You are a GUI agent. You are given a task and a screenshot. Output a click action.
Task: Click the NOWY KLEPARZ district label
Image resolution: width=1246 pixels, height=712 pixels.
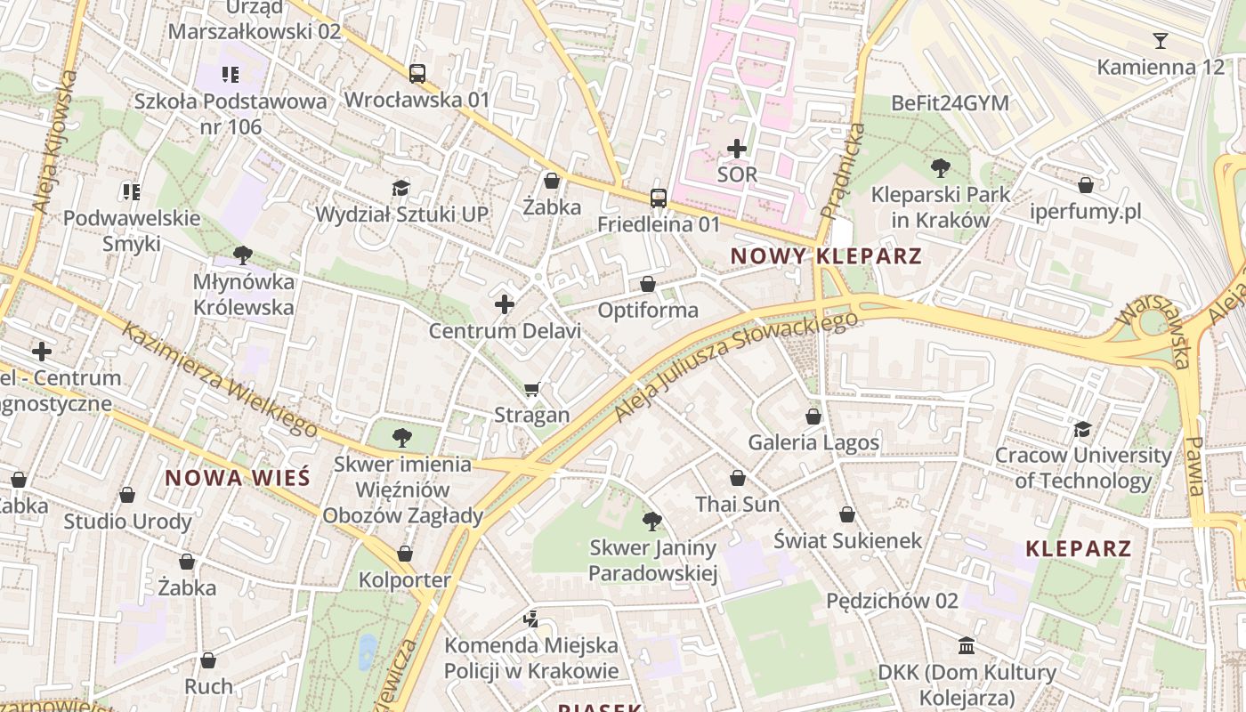825,256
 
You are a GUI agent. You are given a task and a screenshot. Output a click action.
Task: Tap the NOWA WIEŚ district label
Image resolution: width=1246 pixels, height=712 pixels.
238,477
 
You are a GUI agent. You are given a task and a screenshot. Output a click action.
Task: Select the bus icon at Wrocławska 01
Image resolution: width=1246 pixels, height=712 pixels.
417,74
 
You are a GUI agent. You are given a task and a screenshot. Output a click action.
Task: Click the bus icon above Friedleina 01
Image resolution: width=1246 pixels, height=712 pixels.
658,198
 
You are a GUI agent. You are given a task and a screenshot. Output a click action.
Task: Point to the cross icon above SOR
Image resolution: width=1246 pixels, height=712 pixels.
737,149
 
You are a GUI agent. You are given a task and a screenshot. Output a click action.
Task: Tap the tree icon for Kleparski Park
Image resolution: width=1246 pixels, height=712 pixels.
940,167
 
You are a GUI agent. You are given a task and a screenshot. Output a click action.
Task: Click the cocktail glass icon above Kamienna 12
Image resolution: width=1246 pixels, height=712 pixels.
1160,41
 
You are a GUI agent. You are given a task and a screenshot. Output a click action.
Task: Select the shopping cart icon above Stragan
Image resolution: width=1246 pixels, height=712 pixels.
532,389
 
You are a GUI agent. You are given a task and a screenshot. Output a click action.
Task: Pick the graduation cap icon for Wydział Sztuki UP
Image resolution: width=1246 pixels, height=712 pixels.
401,188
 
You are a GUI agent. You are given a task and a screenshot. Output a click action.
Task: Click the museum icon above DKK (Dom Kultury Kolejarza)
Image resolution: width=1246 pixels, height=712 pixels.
967,645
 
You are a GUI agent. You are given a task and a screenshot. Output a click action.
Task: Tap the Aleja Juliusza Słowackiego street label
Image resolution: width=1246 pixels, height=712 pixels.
736,365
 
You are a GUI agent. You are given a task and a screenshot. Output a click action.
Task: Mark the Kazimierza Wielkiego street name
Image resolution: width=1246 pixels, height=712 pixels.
219,378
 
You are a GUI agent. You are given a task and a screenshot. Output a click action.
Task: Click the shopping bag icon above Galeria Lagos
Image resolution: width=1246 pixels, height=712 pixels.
813,417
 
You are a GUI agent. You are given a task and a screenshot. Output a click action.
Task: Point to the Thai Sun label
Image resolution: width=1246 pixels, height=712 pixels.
737,505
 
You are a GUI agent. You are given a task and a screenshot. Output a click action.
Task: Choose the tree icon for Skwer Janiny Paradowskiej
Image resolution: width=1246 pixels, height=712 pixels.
652,522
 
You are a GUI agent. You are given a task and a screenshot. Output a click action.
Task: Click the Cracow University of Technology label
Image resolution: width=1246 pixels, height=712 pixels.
1082,468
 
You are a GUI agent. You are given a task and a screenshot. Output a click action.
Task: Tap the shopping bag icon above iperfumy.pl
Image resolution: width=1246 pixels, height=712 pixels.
1085,185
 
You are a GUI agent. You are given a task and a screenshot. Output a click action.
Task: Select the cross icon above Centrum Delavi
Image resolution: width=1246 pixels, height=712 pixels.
505,304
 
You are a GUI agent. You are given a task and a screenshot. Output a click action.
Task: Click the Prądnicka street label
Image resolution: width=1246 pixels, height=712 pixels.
842,171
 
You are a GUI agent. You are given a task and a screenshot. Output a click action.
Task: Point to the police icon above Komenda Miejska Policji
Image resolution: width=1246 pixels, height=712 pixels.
531,619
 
